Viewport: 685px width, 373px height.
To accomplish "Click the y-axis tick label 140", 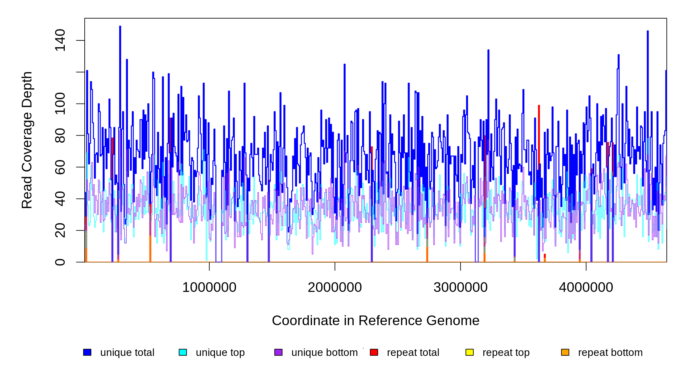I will point(60,40).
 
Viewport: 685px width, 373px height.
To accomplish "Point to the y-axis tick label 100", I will point(60,104).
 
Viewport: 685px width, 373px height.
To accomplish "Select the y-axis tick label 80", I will point(60,136).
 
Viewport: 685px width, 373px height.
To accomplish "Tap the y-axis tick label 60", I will point(60,167).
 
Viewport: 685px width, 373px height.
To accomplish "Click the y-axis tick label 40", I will point(60,199).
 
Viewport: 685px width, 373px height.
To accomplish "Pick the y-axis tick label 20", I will point(60,230).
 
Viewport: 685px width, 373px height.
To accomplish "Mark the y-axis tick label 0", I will point(60,262).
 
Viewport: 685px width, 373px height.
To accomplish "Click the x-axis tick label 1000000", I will point(209,288).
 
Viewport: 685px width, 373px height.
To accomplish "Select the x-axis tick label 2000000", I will point(335,288).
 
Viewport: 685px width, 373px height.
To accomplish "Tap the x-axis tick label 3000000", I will point(461,288).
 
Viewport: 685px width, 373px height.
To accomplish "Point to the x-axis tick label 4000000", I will point(586,288).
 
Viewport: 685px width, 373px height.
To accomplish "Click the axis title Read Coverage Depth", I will point(27,140).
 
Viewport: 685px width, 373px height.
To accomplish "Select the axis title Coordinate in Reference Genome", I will point(376,321).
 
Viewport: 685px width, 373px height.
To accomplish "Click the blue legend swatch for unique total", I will point(87,352).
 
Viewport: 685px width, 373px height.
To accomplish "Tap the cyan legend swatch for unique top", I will point(183,352).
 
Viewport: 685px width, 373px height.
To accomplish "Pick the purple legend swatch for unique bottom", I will point(278,352).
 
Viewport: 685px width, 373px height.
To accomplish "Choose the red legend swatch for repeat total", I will point(374,352).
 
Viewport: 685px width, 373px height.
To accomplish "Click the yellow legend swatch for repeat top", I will point(470,352).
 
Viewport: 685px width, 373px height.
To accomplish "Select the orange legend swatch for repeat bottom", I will point(565,352).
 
